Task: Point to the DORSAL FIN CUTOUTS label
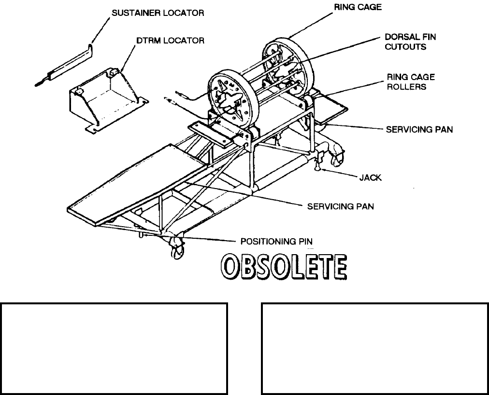410,42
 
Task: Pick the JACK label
370,177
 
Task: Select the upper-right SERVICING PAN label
419,130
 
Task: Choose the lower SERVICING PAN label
340,206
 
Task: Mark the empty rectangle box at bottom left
115,348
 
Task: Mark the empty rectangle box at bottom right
374,348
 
